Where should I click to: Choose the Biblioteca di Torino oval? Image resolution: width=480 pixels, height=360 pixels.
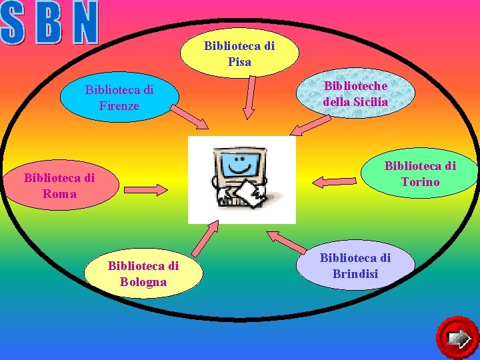point(420,173)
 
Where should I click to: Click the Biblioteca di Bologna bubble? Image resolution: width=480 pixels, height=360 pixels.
point(143,273)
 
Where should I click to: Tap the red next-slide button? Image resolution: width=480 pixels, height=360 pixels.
point(458,337)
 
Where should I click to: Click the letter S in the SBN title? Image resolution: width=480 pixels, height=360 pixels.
point(15,23)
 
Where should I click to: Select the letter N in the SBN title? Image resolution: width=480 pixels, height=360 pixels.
point(85,23)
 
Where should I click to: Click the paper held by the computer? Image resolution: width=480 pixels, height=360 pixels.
point(251,194)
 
